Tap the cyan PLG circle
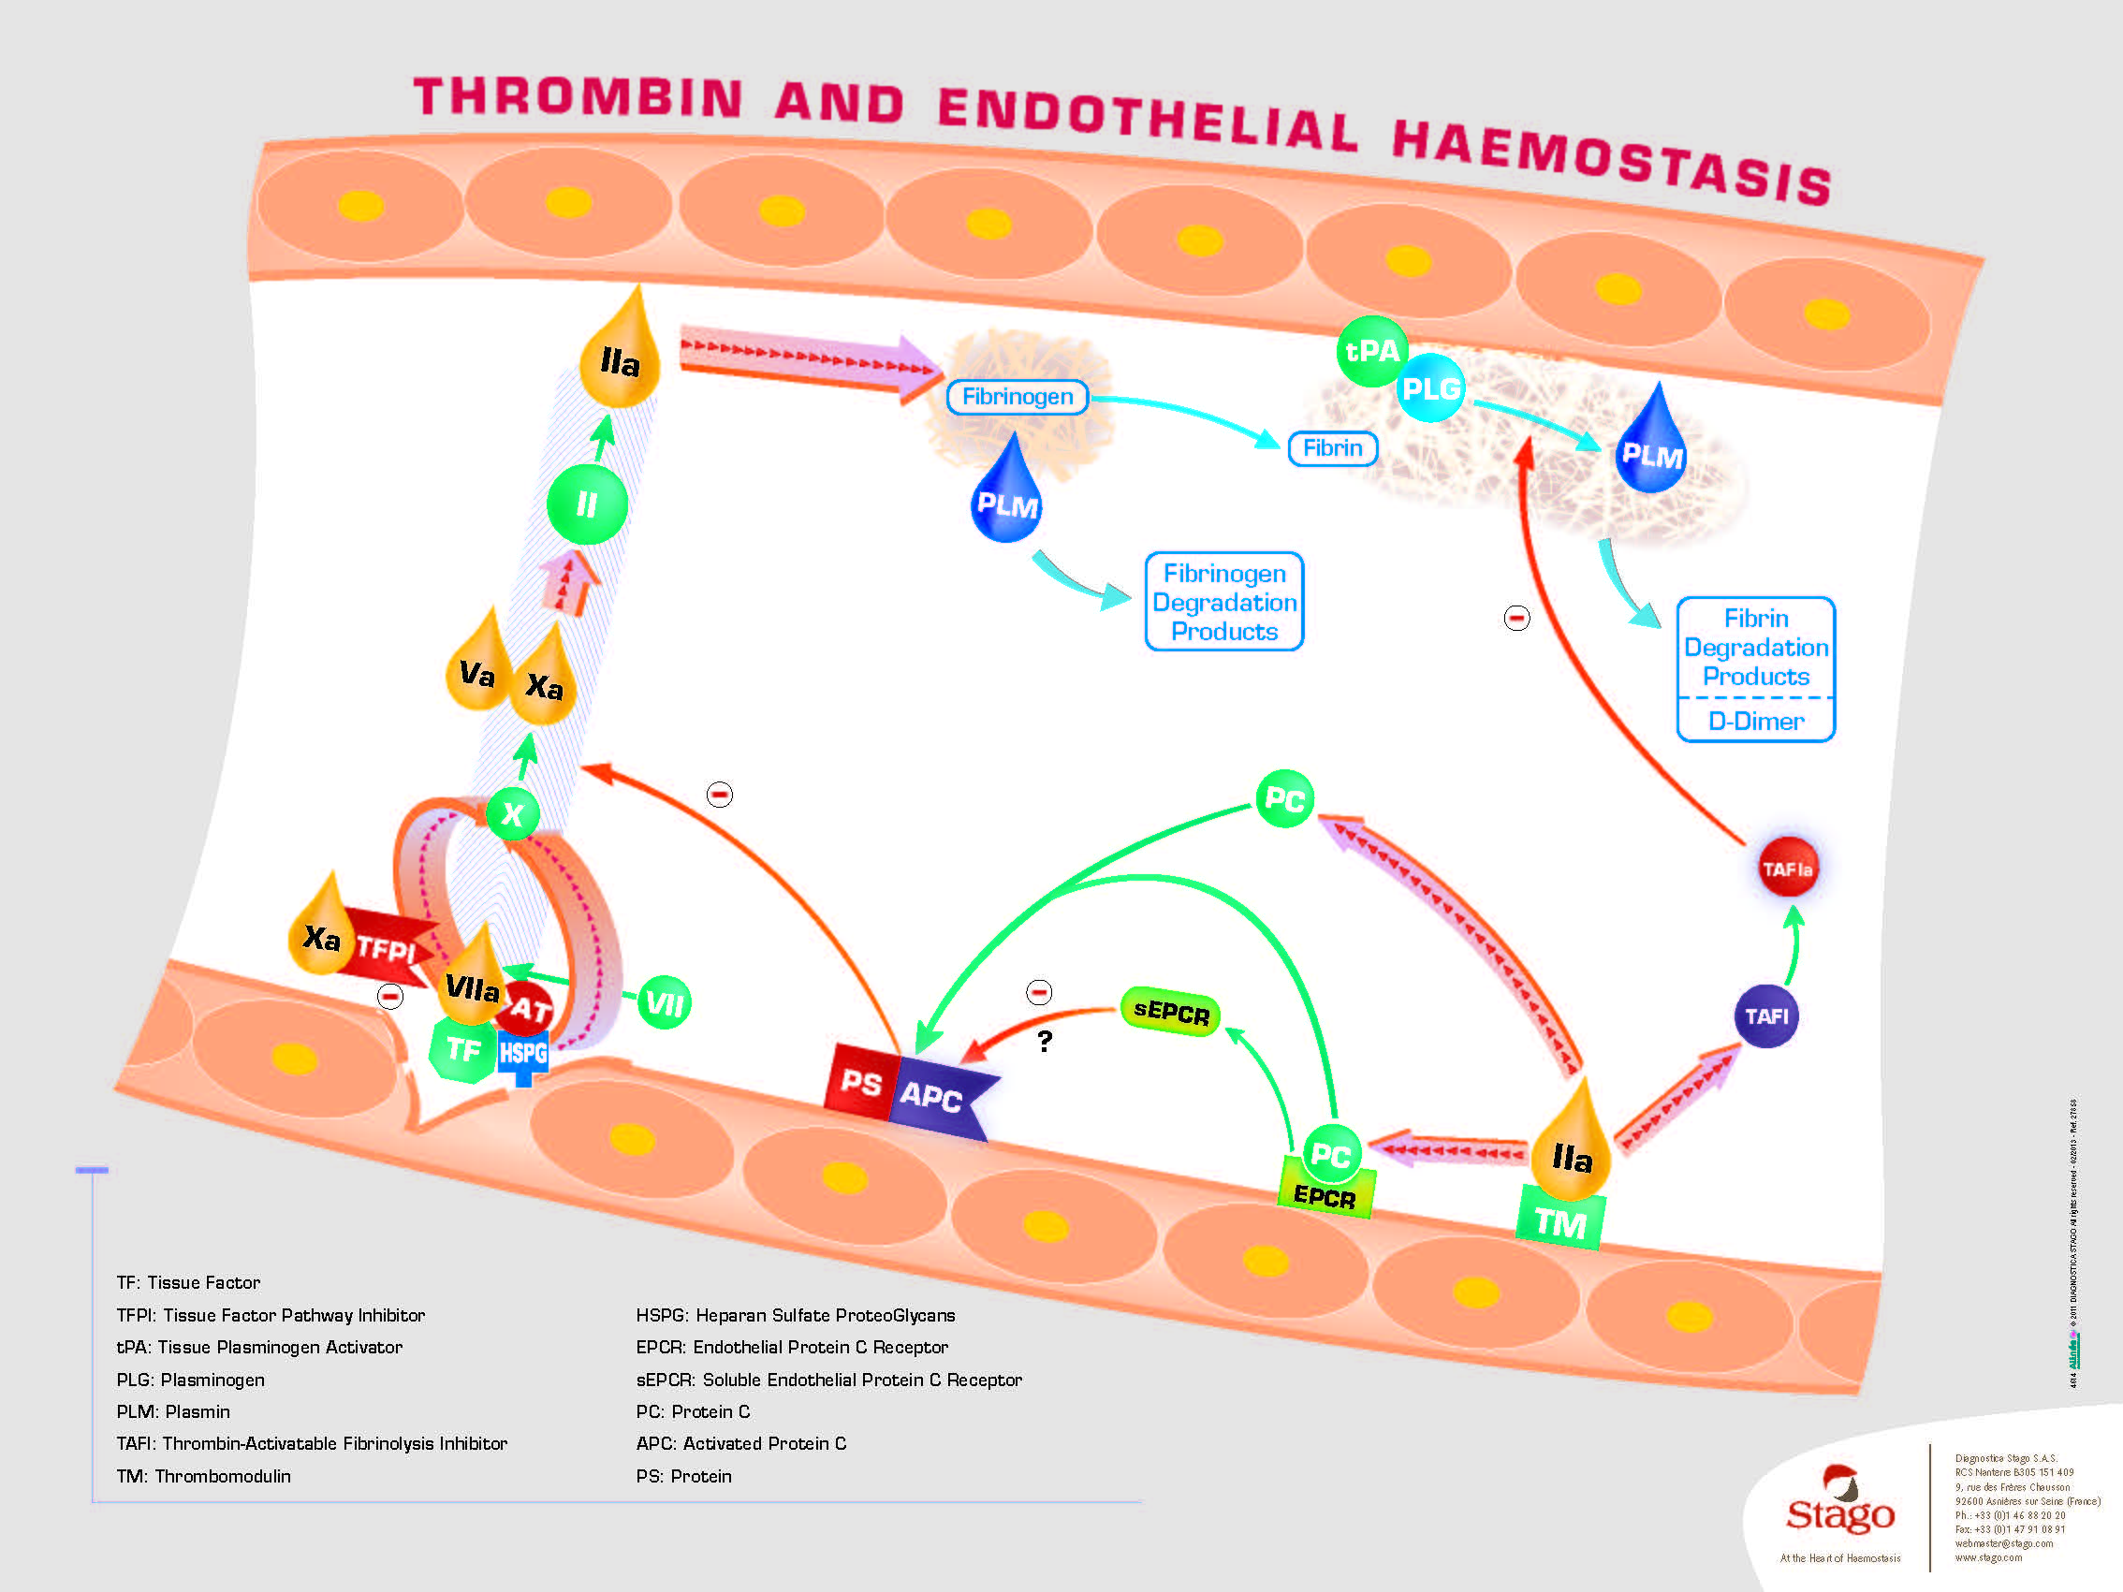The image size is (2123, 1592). click(x=1430, y=388)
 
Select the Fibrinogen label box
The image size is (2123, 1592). click(x=1018, y=396)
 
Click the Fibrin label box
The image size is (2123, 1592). click(x=1332, y=448)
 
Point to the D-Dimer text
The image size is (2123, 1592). click(x=1755, y=722)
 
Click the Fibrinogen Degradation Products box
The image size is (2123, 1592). click(x=1223, y=602)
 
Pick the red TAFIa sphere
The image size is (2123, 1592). click(x=1787, y=869)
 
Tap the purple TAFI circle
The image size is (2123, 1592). click(x=1766, y=1016)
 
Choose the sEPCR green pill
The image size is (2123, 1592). click(x=1171, y=1012)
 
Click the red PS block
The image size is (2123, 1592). click(x=861, y=1083)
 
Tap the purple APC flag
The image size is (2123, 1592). click(x=936, y=1096)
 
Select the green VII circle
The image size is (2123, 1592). click(x=665, y=1003)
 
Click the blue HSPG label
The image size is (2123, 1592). click(x=523, y=1054)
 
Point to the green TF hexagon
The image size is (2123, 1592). click(x=462, y=1050)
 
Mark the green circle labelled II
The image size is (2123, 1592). click(x=586, y=504)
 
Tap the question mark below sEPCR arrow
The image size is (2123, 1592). click(x=1046, y=1041)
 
